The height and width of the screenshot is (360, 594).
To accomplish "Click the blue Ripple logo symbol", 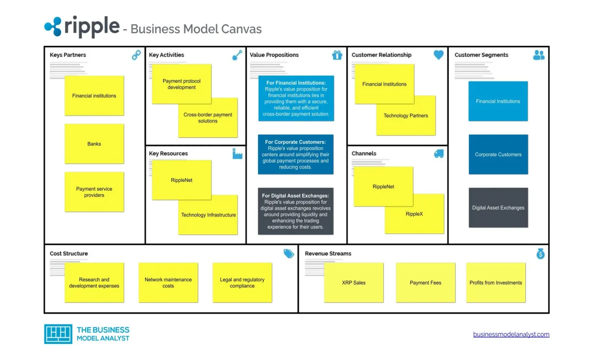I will [x=53, y=27].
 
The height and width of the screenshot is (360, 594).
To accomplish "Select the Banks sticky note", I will [x=94, y=144].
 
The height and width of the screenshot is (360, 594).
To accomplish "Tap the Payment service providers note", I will [x=94, y=192].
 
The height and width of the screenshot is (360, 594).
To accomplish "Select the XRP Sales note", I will [x=353, y=283].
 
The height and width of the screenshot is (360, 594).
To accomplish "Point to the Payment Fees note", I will [x=426, y=283].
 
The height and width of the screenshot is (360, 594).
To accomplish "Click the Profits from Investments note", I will [x=496, y=283].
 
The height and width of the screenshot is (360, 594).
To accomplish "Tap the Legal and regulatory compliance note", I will [x=242, y=283].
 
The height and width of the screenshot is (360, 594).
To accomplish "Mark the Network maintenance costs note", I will [x=168, y=283].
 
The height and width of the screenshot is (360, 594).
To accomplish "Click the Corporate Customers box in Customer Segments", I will [x=498, y=155].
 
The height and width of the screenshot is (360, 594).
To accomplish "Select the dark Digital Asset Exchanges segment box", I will [x=498, y=208].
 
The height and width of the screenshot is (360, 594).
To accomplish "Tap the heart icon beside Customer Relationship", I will [x=439, y=55].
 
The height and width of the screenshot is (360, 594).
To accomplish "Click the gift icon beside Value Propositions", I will [x=337, y=55].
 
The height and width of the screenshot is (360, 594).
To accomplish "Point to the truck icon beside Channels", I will [x=439, y=154].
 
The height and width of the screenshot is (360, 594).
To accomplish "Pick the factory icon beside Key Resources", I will [x=237, y=154].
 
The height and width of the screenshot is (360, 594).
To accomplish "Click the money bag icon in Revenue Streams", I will [x=540, y=253].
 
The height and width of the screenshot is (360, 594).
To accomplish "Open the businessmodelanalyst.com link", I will [x=511, y=334].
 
